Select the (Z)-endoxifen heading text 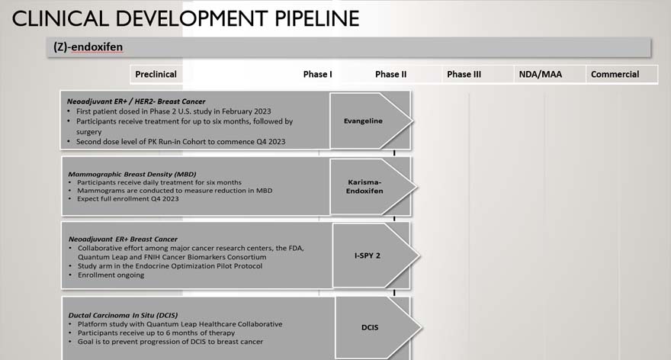(88, 47)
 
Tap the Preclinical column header (156, 74)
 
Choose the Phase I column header (317, 74)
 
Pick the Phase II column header (390, 74)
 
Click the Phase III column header (464, 74)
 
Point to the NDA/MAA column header (537, 74)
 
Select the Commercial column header (615, 74)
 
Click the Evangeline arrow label (363, 121)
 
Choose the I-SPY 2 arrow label (368, 255)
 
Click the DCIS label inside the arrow (370, 327)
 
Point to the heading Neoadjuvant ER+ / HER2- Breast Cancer (136, 101)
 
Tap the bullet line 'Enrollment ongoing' (111, 275)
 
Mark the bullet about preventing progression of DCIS (170, 342)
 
